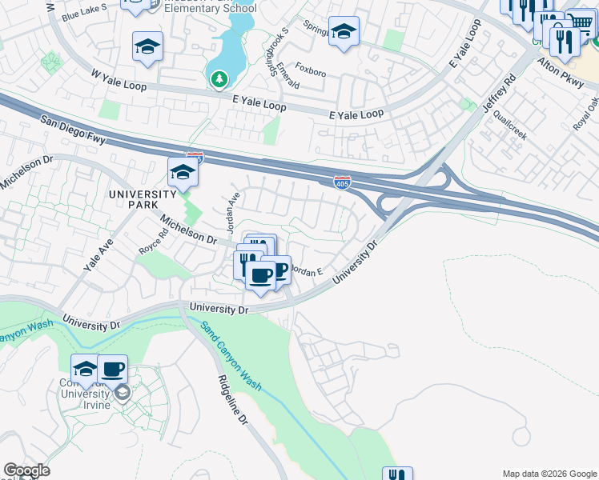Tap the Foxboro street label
[311, 72]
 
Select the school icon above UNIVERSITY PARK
[183, 173]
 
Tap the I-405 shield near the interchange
[342, 182]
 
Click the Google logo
[26, 470]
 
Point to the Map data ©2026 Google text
[549, 474]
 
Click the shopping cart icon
[582, 22]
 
